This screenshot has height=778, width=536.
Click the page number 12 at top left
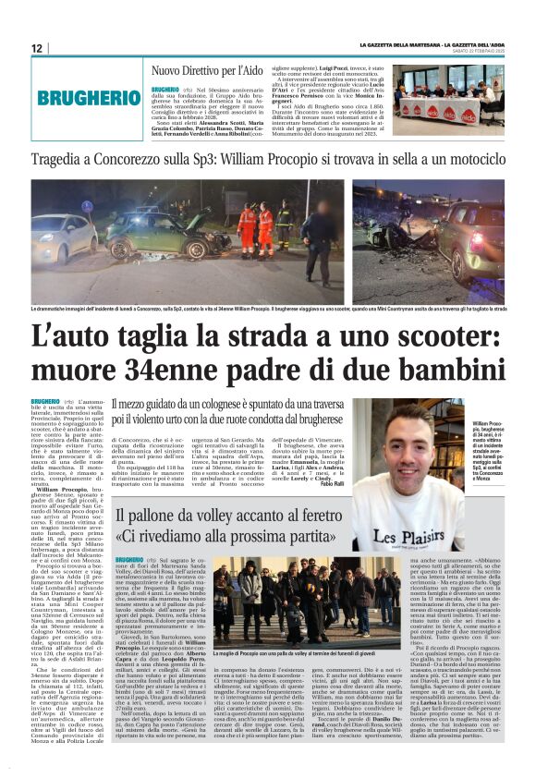[36, 48]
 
